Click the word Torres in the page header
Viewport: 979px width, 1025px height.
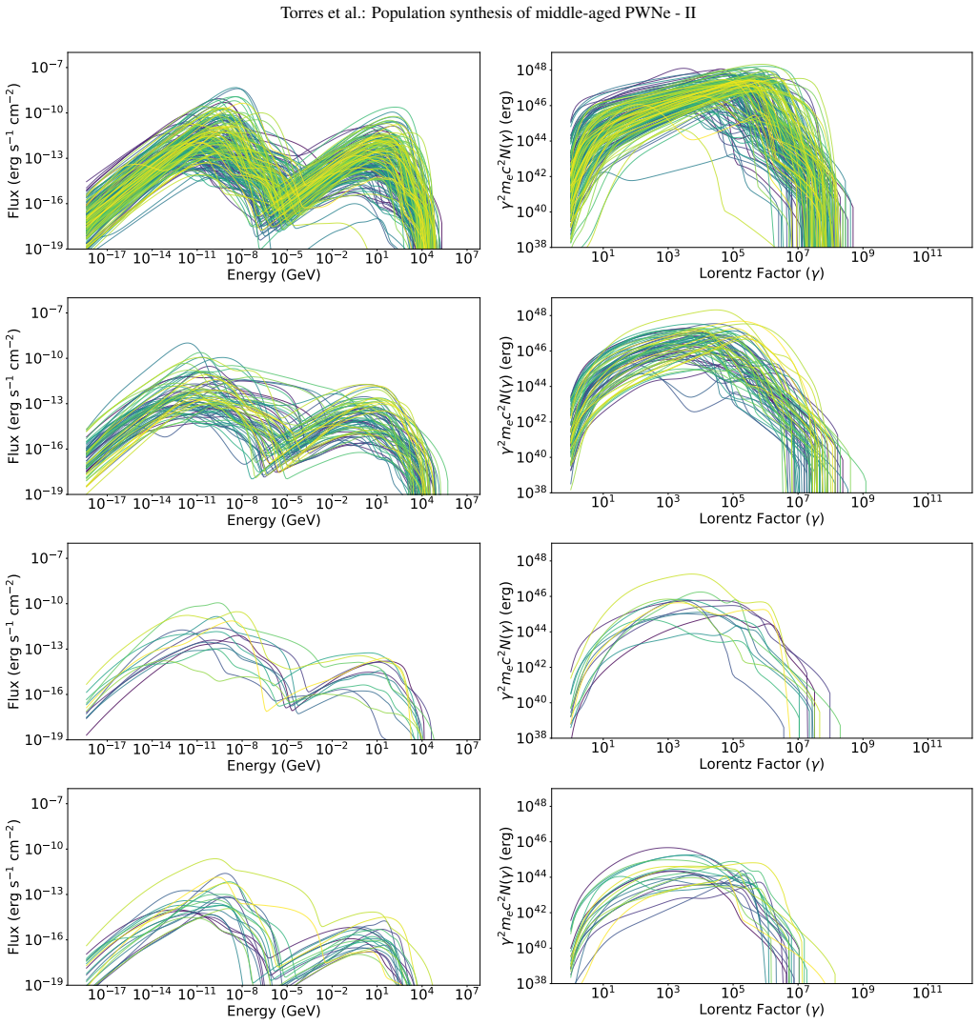pyautogui.click(x=299, y=13)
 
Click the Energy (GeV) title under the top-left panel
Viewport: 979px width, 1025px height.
pyautogui.click(x=274, y=274)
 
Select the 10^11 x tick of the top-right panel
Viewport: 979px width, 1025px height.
pyautogui.click(x=928, y=255)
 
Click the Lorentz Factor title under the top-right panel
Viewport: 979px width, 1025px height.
pyautogui.click(x=762, y=273)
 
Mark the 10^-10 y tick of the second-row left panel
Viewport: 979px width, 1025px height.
pyautogui.click(x=44, y=357)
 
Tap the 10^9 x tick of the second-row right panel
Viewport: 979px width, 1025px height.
pyautogui.click(x=863, y=501)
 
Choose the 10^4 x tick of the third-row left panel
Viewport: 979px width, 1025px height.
pyautogui.click(x=421, y=747)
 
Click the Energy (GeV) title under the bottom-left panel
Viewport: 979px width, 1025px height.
pyautogui.click(x=274, y=1011)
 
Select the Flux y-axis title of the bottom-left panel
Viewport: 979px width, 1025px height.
pyautogui.click(x=13, y=887)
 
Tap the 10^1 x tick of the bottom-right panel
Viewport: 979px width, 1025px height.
pyautogui.click(x=603, y=992)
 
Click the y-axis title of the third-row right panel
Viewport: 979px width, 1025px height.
pyautogui.click(x=507, y=641)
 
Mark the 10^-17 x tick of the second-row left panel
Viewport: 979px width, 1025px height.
pyautogui.click(x=107, y=502)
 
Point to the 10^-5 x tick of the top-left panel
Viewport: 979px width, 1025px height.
pyautogui.click(x=286, y=257)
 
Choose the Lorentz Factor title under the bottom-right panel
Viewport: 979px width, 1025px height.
pyautogui.click(x=762, y=1010)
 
